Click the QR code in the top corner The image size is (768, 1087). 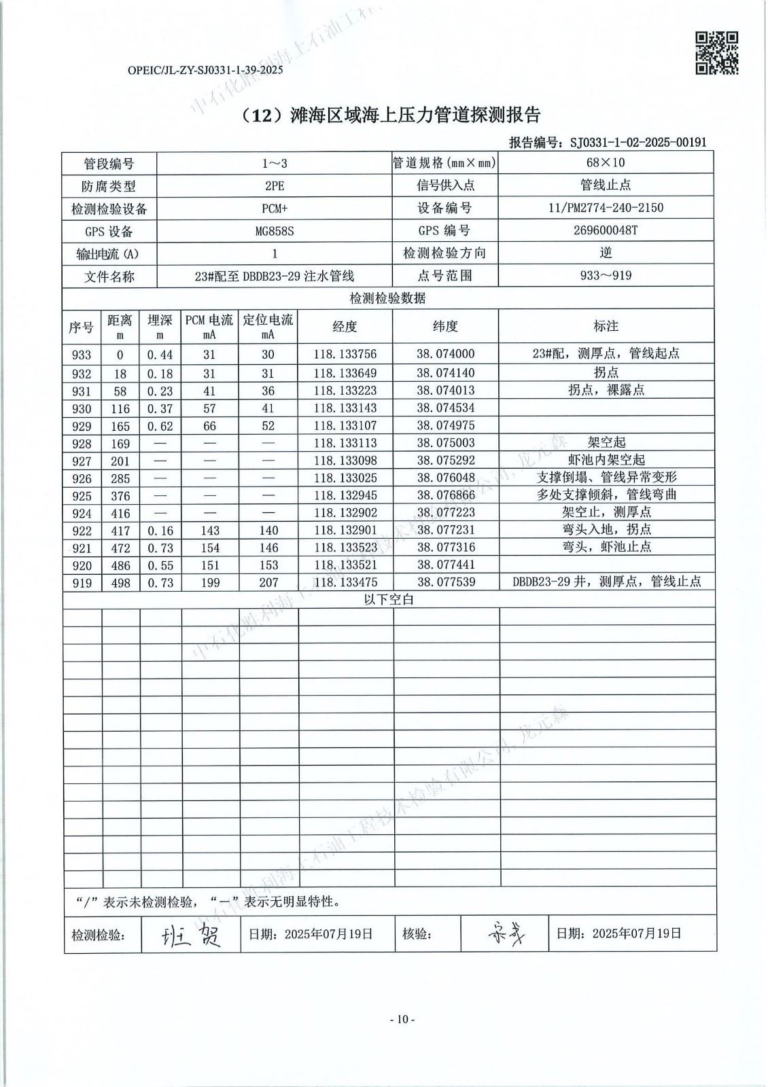pyautogui.click(x=716, y=53)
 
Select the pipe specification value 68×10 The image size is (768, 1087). pyautogui.click(x=606, y=162)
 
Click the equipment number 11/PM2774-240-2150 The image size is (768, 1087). pyautogui.click(x=606, y=208)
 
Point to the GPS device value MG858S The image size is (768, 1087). pyautogui.click(x=275, y=231)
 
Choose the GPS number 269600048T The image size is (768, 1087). pyautogui.click(x=606, y=230)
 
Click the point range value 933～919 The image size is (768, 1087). pyautogui.click(x=606, y=276)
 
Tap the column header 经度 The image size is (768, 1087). pyautogui.click(x=345, y=327)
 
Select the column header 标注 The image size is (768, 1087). pyautogui.click(x=606, y=327)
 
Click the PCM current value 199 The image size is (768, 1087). pyautogui.click(x=209, y=582)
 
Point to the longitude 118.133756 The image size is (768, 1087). pyautogui.click(x=345, y=354)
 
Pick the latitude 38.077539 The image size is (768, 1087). pyautogui.click(x=445, y=582)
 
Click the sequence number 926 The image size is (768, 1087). pyautogui.click(x=82, y=478)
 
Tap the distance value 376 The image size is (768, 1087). pyautogui.click(x=120, y=496)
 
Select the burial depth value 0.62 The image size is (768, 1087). pyautogui.click(x=160, y=427)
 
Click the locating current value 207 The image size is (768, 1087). pyautogui.click(x=268, y=582)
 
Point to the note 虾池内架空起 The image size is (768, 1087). pyautogui.click(x=606, y=461)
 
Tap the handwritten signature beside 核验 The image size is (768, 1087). pyautogui.click(x=505, y=934)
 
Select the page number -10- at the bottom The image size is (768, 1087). pyautogui.click(x=402, y=1019)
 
